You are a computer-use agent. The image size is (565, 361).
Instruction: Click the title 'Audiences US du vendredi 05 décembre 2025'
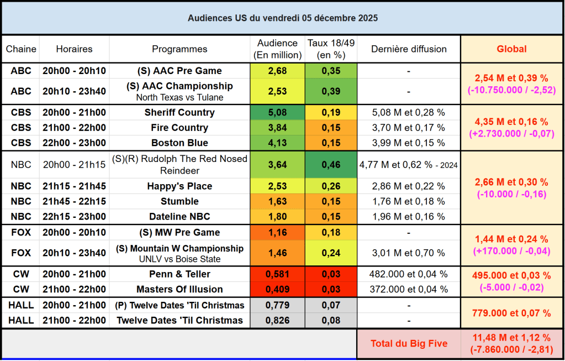tap(282, 18)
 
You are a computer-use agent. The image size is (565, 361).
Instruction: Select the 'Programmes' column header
tap(179, 49)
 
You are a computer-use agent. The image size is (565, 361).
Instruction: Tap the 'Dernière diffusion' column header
tap(409, 49)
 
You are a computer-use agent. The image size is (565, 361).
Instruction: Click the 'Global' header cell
tap(511, 49)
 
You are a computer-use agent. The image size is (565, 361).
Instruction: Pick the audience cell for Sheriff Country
tap(277, 113)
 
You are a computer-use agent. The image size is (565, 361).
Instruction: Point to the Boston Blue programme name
tap(179, 143)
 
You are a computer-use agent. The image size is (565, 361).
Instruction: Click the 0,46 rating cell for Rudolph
tap(331, 165)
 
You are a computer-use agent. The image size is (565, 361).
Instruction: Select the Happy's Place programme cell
tap(179, 186)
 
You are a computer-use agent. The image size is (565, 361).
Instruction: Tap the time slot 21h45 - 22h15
tap(74, 202)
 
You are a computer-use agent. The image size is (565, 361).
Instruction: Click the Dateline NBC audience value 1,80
tap(277, 217)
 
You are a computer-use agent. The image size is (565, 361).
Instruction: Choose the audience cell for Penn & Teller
tap(277, 274)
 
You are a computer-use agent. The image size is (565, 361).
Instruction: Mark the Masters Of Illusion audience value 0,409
tap(277, 289)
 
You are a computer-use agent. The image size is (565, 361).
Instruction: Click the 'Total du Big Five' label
tap(409, 344)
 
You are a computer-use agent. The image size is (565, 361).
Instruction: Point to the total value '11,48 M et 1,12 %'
tap(511, 338)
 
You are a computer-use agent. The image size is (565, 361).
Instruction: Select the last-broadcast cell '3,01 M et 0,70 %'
tap(409, 253)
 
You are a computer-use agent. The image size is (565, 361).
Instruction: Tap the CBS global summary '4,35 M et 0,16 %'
tap(511, 122)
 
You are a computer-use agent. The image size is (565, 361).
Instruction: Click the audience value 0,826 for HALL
tap(277, 321)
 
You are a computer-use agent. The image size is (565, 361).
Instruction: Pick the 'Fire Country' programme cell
tap(179, 128)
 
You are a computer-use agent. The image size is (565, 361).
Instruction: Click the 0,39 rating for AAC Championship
tap(331, 91)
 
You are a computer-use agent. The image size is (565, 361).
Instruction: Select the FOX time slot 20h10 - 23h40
tap(74, 253)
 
